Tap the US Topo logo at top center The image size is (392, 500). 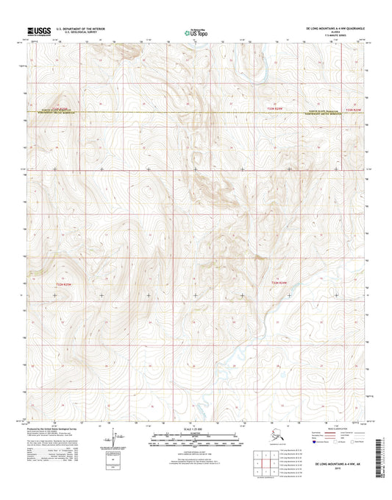coord(196,32)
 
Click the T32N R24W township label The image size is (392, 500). coord(277,282)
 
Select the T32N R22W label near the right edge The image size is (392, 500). coord(354,109)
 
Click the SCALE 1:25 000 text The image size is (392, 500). coord(196,429)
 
